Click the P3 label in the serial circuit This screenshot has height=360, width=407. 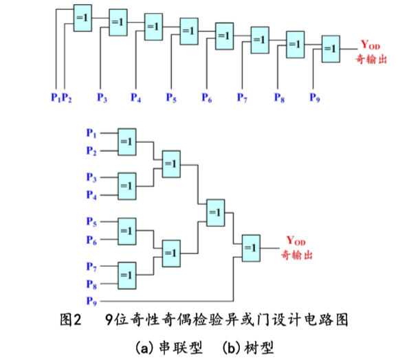click(102, 98)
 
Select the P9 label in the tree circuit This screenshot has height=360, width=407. click(91, 300)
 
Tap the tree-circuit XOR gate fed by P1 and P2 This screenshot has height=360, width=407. click(126, 141)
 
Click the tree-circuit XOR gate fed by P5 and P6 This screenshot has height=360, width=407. click(126, 229)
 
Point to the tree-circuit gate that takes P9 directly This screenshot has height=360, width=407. click(250, 247)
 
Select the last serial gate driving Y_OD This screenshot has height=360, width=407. click(330, 49)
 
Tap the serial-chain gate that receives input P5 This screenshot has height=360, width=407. click(189, 31)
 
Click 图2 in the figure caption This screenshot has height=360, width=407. click(71, 319)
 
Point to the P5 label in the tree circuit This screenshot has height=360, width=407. click(91, 221)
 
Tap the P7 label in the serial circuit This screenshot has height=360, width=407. click(242, 98)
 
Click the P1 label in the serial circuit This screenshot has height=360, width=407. click(56, 98)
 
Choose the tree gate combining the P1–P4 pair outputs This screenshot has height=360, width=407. click(170, 163)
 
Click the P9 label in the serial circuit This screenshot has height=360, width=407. click(314, 98)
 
